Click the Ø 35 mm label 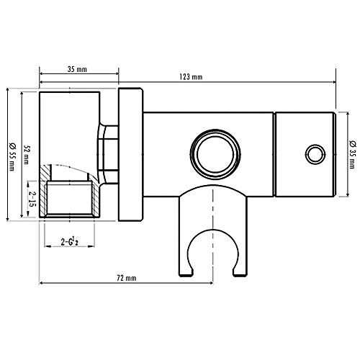coord(351,153)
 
